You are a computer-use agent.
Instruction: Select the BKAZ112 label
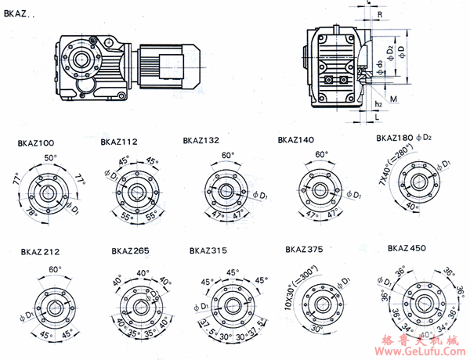point(119,142)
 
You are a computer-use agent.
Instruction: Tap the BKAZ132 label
point(201,142)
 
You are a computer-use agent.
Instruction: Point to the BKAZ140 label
point(295,140)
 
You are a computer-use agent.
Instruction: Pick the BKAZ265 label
point(130,251)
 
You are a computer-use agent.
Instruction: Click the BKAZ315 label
point(208,251)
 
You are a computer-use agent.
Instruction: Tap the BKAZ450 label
point(405,248)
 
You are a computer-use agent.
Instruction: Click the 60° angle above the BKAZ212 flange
point(54,269)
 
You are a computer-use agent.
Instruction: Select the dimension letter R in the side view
point(379,14)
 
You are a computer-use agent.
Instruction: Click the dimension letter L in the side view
point(367,119)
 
